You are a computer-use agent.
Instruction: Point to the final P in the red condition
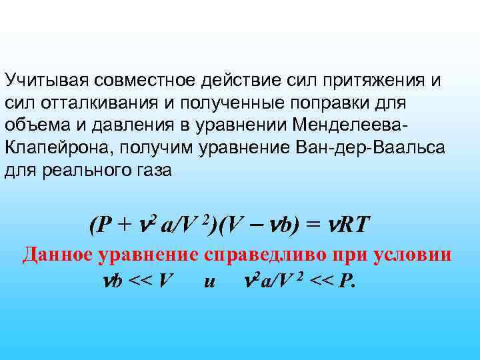pos(343,281)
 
